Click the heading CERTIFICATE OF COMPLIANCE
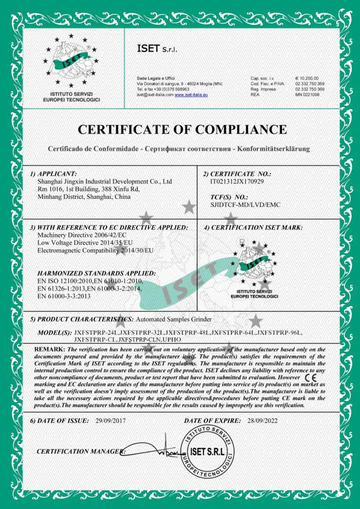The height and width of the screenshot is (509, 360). [180, 129]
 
